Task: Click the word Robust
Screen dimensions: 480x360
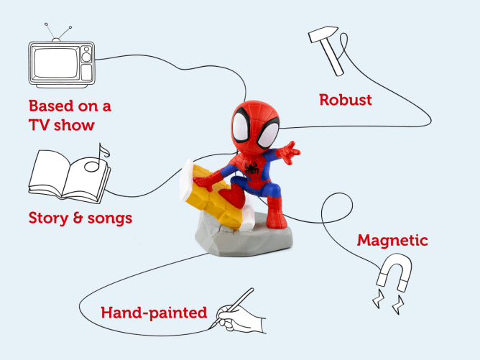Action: [346, 100]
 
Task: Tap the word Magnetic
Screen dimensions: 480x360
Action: [392, 240]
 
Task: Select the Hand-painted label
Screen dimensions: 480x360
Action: [154, 313]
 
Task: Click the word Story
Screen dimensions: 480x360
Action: [48, 218]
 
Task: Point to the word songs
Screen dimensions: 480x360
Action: [110, 219]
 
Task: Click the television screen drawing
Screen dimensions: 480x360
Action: [55, 63]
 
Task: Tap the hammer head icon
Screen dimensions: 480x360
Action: [323, 33]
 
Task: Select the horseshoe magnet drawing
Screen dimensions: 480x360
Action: [394, 272]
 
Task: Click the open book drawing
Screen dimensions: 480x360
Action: [70, 177]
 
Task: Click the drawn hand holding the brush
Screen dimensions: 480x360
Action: [241, 318]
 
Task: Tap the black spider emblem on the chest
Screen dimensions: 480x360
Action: [251, 168]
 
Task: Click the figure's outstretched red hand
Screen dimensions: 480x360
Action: [289, 152]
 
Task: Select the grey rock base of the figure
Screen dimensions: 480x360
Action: [244, 236]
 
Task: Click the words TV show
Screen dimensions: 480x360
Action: [62, 125]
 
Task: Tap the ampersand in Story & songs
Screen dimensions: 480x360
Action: [78, 218]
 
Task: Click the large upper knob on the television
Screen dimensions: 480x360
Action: [86, 57]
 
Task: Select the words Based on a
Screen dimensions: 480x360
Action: [70, 106]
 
